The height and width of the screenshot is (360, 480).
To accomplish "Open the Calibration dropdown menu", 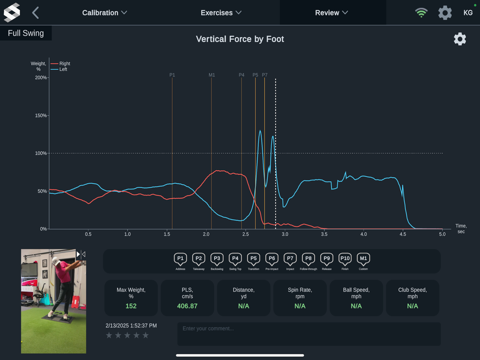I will (105, 13).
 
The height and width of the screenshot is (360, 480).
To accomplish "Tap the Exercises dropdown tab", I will (221, 13).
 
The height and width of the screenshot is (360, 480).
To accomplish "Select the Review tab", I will (331, 13).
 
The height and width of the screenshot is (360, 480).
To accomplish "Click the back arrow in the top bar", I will (36, 13).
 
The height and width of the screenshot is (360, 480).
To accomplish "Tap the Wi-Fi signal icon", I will (421, 13).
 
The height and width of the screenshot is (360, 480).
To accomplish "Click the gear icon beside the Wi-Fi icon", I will (445, 13).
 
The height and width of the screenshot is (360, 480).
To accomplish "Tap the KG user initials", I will (468, 13).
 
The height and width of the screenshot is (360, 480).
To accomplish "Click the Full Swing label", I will (26, 33).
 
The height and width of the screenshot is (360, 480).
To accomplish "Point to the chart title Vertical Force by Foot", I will (240, 39).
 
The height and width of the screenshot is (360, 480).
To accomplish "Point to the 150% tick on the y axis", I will (41, 115).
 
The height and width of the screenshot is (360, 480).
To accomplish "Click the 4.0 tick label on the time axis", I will (363, 233).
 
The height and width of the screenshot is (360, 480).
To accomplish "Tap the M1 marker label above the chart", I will (211, 75).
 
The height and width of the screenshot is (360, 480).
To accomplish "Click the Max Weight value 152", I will (131, 306).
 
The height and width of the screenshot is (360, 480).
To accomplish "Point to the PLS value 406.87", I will (187, 306).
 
